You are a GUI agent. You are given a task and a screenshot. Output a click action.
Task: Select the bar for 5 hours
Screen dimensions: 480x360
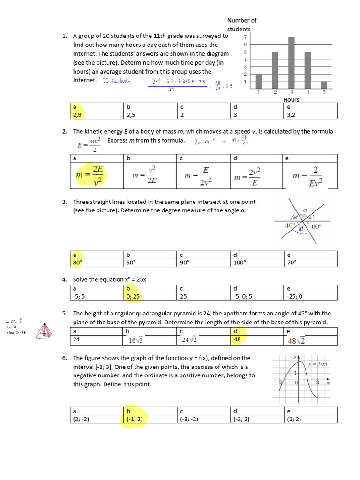click(x=323, y=85)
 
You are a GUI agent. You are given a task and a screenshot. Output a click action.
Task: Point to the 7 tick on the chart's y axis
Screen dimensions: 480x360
click(x=245, y=37)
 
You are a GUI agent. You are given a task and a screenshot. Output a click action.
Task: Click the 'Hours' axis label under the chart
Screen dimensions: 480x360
click(x=291, y=99)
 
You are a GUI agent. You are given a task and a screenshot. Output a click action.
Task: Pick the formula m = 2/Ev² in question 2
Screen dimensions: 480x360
click(x=307, y=176)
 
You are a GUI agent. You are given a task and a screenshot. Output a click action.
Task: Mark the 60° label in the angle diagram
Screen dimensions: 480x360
click(x=316, y=227)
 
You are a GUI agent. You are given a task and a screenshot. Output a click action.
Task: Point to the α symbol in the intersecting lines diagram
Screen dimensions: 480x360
click(x=305, y=211)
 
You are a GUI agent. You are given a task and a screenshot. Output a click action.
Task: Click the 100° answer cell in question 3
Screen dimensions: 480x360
click(x=240, y=262)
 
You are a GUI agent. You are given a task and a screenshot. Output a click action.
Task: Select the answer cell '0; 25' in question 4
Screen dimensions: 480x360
click(x=133, y=296)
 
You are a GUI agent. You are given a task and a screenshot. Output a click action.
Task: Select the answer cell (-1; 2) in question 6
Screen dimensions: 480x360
click(x=135, y=420)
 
